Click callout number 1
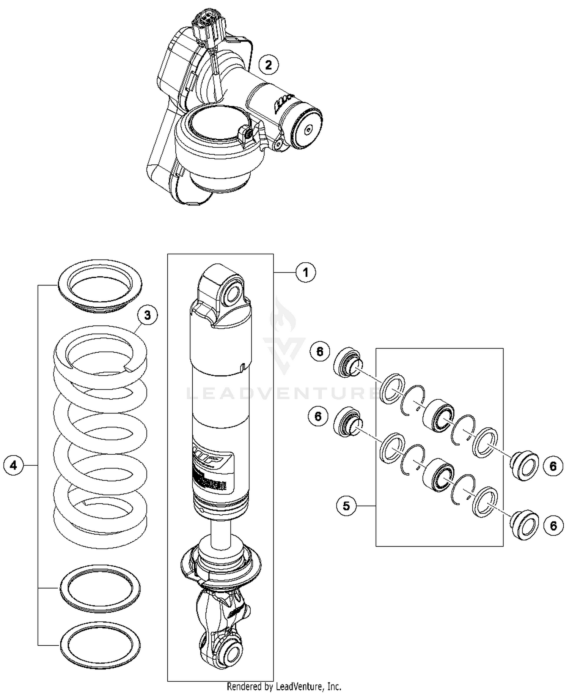click(306, 272)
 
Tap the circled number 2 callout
click(269, 65)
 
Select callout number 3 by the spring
click(147, 315)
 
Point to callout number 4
click(14, 465)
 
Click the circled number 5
click(346, 506)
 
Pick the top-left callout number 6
click(320, 352)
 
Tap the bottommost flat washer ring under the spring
click(100, 645)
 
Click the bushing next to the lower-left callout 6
click(347, 421)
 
